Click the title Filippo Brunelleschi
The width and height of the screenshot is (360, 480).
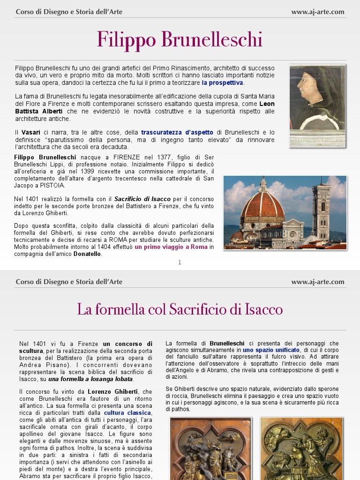pyautogui.click(x=180, y=39)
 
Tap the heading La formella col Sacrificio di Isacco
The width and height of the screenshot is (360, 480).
pyautogui.click(x=180, y=309)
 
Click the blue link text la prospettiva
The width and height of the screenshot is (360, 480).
pyautogui.click(x=223, y=82)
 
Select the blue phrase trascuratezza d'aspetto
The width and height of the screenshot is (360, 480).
pyautogui.click(x=177, y=133)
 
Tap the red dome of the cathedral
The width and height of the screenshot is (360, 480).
pyautogui.click(x=262, y=206)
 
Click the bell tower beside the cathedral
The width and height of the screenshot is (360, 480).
pyautogui.click(x=321, y=211)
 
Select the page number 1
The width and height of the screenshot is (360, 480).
pyautogui.click(x=180, y=262)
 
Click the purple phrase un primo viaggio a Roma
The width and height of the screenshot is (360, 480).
pyautogui.click(x=172, y=247)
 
